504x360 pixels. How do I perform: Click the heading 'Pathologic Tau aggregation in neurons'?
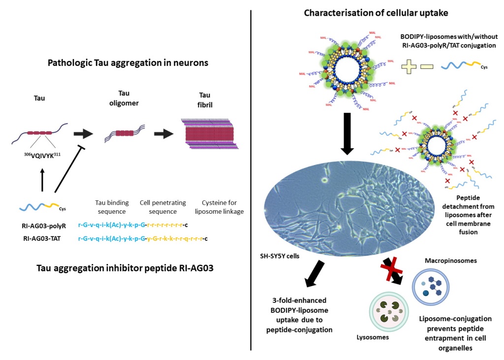[128, 63]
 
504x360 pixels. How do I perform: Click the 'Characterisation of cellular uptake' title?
[376, 13]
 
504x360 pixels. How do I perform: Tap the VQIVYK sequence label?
[40, 160]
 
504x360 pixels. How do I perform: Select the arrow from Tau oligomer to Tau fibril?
[162, 133]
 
